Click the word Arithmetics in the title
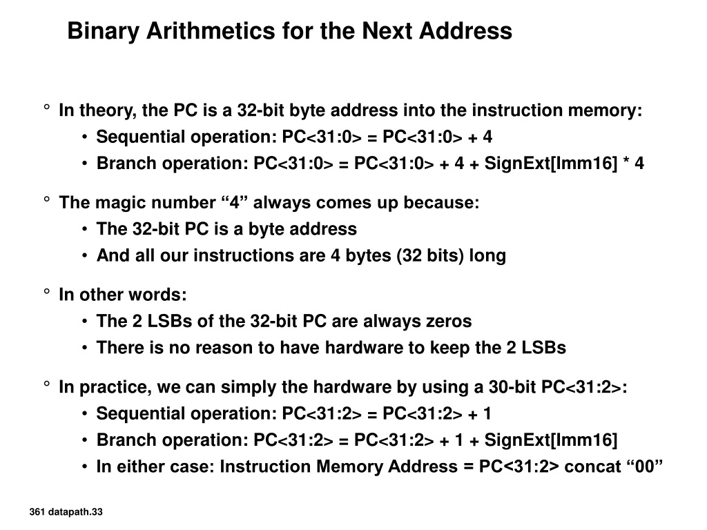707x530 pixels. [211, 30]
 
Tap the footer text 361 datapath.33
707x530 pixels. [66, 512]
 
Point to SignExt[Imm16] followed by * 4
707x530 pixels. [550, 163]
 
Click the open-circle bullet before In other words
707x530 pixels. [47, 292]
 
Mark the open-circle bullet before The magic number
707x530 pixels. [47, 199]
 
